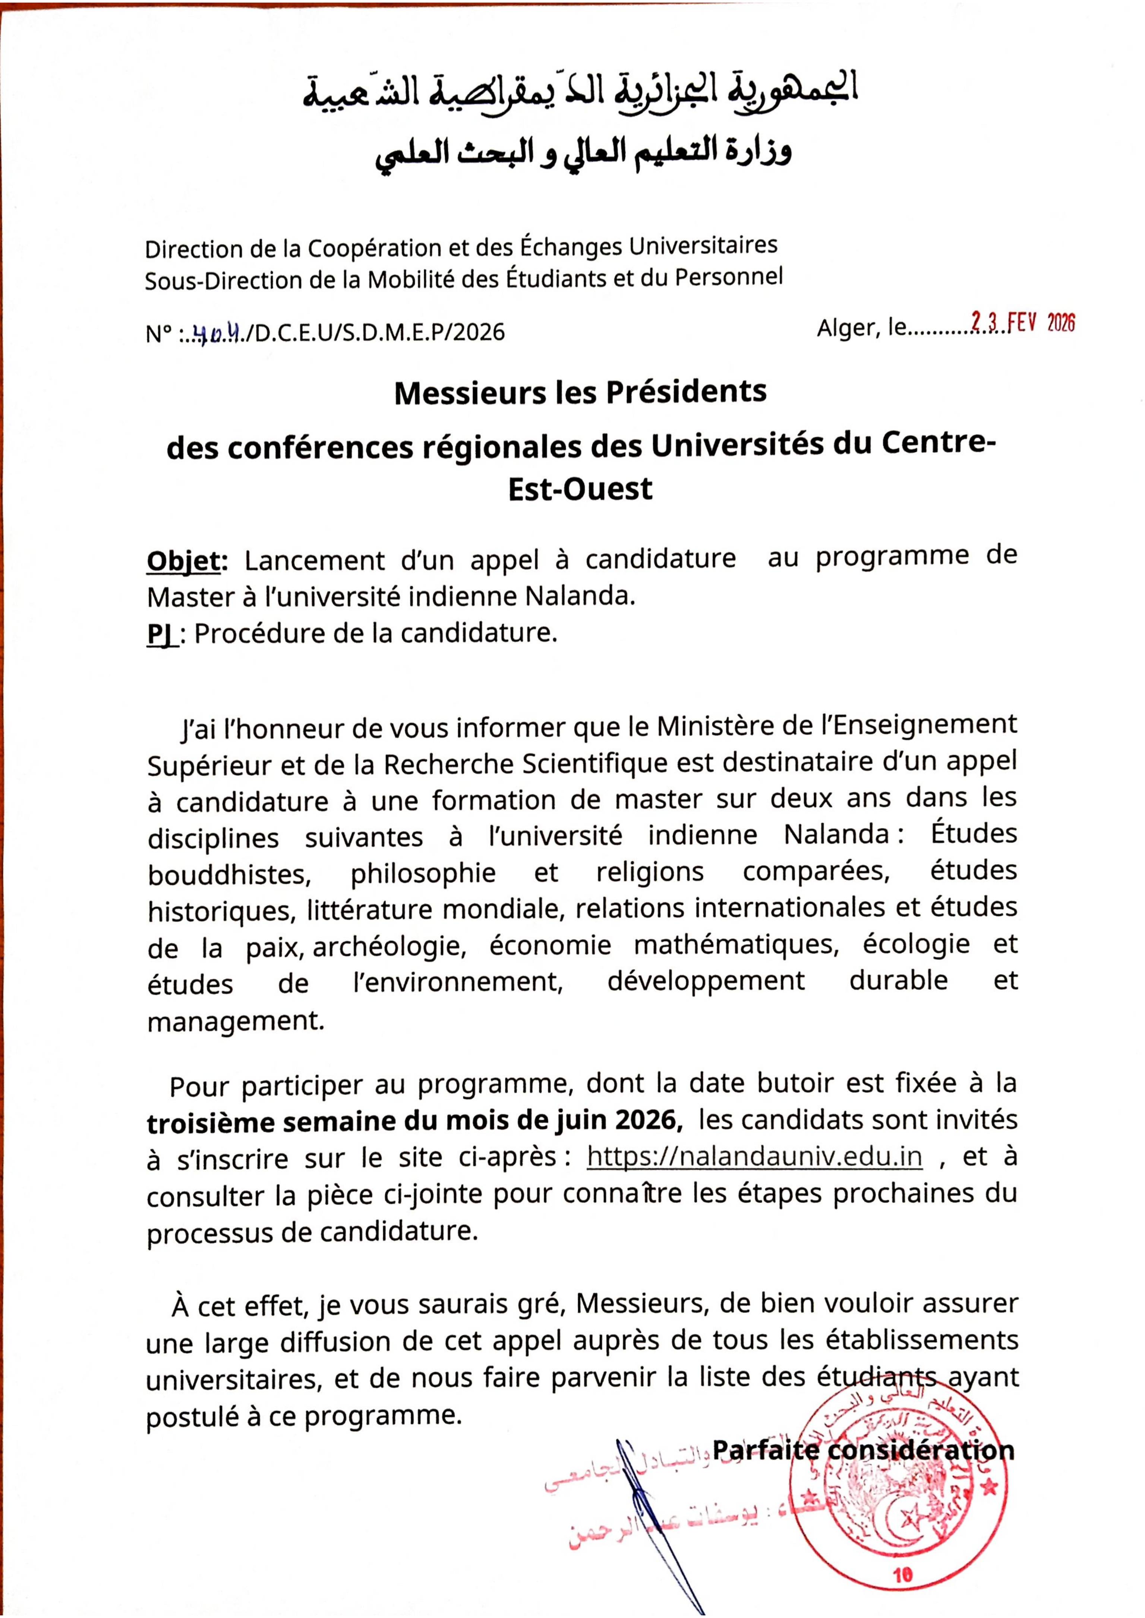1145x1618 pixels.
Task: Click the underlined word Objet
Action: [186, 562]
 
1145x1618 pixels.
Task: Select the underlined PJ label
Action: [161, 634]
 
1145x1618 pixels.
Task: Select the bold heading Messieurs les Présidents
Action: [580, 392]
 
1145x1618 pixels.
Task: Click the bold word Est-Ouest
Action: [580, 489]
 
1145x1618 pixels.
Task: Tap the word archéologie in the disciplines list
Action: [390, 946]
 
